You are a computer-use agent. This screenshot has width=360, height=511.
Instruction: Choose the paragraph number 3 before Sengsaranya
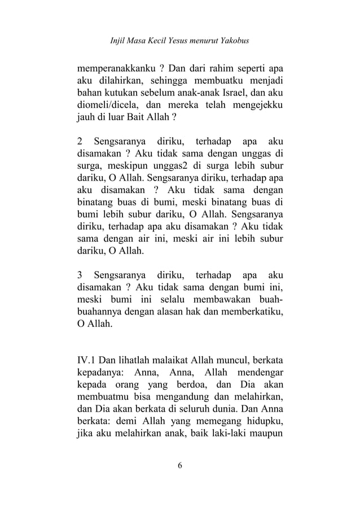[x=80, y=276]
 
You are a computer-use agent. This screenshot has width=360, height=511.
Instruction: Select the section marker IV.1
[x=86, y=359]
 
